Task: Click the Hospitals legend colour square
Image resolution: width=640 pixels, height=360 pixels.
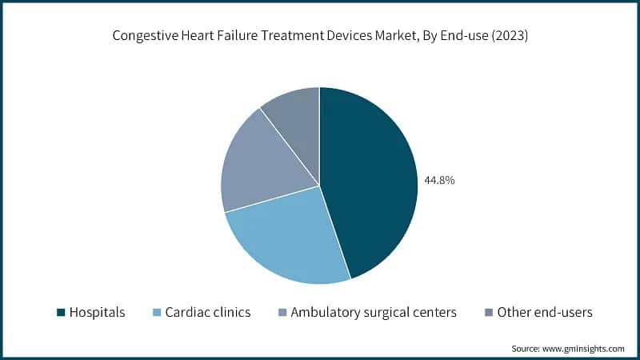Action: [x=60, y=313]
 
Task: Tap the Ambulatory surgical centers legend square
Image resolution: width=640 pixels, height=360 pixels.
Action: [x=282, y=313]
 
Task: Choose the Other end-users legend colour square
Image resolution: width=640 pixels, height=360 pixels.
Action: [x=488, y=313]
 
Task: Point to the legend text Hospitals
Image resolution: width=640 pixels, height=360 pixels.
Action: [x=97, y=313]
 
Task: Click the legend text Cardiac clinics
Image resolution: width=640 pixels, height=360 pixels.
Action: [x=207, y=313]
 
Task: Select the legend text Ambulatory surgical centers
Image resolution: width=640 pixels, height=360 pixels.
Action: [x=374, y=313]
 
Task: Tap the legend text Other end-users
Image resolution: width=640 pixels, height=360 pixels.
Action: [x=545, y=313]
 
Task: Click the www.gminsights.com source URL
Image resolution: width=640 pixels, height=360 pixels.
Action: [x=585, y=349]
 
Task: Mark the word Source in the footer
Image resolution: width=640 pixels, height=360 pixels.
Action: [x=526, y=349]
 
